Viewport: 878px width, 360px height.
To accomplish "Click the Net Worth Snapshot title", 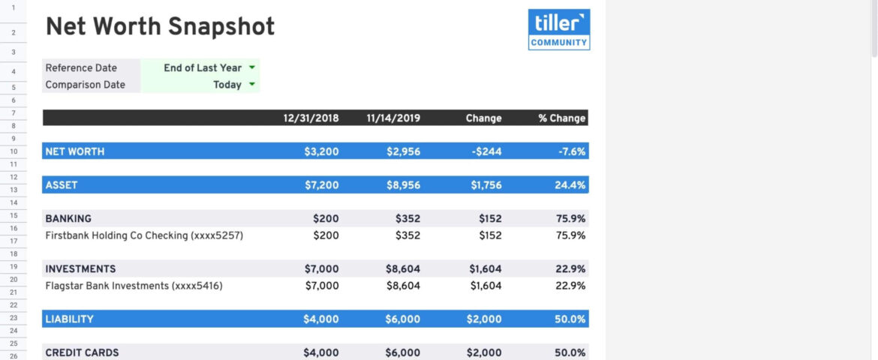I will point(160,27).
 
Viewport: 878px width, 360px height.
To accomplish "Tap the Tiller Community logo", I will point(558,29).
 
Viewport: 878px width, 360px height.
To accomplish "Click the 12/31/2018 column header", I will point(311,118).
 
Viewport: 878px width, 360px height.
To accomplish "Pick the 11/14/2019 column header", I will point(393,118).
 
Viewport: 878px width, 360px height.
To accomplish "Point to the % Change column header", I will point(561,118).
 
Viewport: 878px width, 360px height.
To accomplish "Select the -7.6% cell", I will point(572,151).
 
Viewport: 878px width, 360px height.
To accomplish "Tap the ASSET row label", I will point(62,184).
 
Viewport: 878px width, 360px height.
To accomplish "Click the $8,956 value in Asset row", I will point(403,184).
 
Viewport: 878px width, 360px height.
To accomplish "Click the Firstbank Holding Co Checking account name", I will point(144,235).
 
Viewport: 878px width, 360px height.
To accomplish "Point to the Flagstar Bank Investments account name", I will point(134,286).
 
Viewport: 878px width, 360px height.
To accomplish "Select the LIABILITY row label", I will point(69,319).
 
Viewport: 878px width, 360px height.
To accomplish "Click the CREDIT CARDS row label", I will point(82,352).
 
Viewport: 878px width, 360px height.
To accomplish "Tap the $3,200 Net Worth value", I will point(321,151).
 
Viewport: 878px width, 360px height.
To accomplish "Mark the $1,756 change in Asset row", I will point(486,184).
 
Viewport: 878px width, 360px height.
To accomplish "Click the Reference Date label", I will point(81,67).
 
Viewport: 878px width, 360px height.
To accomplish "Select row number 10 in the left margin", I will point(13,151).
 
